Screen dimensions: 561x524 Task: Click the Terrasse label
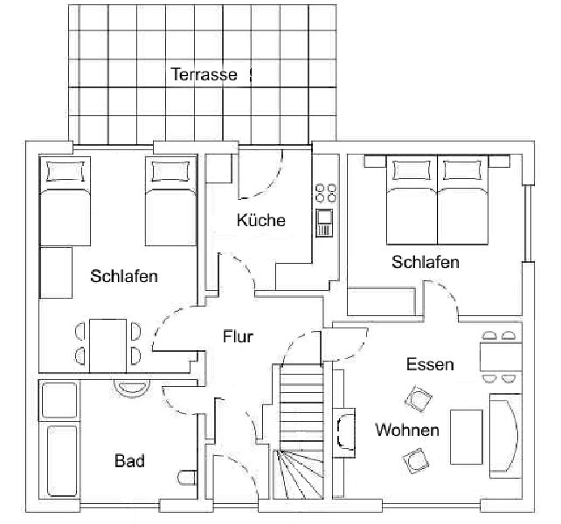click(204, 74)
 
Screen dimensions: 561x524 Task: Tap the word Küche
click(260, 219)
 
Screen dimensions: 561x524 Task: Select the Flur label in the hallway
click(238, 336)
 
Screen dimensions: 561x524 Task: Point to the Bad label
click(129, 461)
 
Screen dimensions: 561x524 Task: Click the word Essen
click(430, 364)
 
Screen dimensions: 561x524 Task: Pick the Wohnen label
click(407, 430)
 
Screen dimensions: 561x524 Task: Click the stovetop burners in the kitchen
click(326, 193)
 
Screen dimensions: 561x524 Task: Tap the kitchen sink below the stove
click(324, 223)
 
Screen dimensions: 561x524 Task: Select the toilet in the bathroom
click(188, 478)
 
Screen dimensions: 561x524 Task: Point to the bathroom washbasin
click(131, 388)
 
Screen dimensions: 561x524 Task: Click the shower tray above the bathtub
click(59, 400)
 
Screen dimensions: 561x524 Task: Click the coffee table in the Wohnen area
click(466, 437)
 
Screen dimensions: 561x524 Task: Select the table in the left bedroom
click(107, 346)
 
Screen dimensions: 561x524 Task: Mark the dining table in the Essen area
click(501, 356)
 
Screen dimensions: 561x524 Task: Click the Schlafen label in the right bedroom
click(425, 262)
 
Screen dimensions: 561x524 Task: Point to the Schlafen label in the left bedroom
click(124, 276)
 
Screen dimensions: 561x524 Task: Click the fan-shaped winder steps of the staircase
click(298, 474)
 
